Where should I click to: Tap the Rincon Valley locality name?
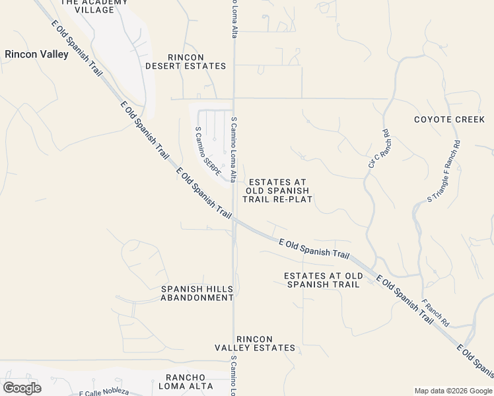tap(36, 55)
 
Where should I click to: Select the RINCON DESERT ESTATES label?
tap(186, 62)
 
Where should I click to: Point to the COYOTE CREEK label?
tap(449, 119)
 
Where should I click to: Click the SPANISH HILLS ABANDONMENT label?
tap(197, 293)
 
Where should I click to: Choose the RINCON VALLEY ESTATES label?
tap(255, 343)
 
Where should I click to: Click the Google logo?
tap(22, 388)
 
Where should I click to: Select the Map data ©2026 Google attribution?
tap(452, 391)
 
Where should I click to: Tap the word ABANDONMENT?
tap(197, 298)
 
